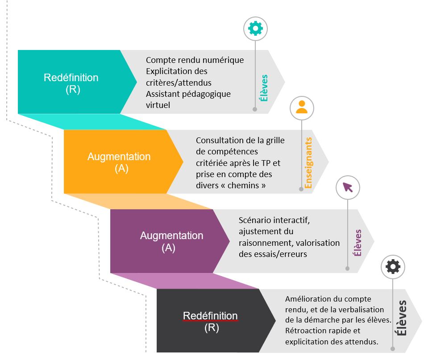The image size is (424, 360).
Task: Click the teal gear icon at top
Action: pos(255,29)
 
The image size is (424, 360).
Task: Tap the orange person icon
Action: pos(302,108)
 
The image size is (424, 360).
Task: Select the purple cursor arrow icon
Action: pos(347,187)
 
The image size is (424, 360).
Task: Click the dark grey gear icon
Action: pos(393,267)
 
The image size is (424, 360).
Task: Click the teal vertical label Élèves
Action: pos(264,87)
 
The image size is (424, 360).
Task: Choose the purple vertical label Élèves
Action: pos(357,243)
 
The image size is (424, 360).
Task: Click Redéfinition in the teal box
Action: pos(71,78)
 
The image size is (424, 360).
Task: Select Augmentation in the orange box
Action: pos(119,157)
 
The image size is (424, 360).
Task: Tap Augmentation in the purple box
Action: pos(171,236)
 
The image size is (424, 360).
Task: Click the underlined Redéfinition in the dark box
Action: pos(210,316)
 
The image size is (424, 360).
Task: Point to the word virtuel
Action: pos(158,105)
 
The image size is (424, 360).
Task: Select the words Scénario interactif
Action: pos(274,220)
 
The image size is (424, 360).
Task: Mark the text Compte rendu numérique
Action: pos(195,60)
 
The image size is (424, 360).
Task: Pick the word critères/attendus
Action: pos(179,83)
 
